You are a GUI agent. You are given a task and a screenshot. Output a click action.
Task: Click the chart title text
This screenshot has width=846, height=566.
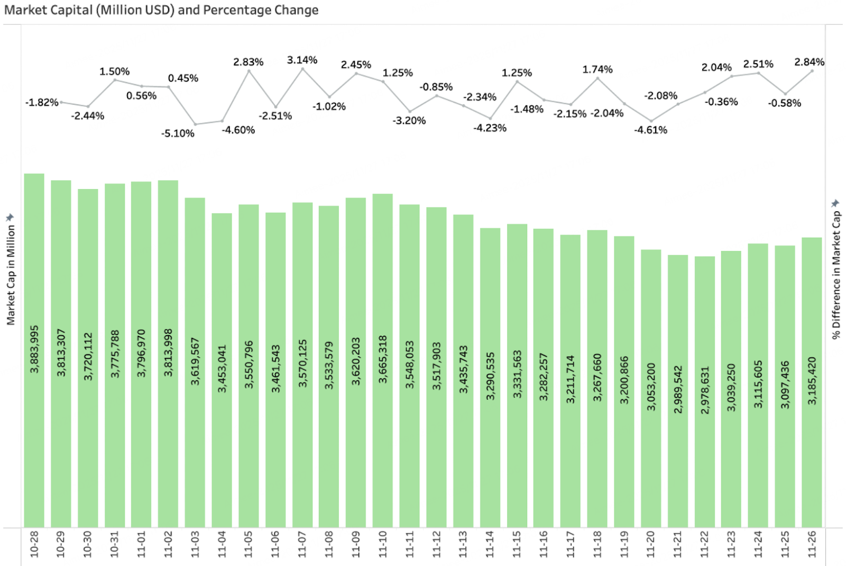[x=161, y=10]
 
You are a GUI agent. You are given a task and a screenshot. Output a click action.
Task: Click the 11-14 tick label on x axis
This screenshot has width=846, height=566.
[x=490, y=544]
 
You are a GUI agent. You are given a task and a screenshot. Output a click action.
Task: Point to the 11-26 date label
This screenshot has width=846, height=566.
[x=812, y=544]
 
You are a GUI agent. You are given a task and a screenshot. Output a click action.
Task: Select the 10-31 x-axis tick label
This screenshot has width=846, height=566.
[x=114, y=544]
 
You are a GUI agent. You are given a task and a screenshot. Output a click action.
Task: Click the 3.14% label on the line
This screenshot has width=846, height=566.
[x=302, y=60]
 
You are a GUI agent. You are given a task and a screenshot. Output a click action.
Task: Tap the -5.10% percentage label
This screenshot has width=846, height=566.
[x=178, y=133]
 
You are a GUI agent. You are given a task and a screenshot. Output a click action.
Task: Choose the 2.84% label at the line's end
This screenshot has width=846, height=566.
[x=809, y=62]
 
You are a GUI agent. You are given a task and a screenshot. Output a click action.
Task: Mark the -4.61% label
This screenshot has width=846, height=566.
[x=650, y=130]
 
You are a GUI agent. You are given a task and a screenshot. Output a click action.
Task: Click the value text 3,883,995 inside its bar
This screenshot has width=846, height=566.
[x=34, y=349]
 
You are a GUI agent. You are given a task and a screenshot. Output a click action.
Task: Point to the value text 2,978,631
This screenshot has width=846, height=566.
[x=705, y=390]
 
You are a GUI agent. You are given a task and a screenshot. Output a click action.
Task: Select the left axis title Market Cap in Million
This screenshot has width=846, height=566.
[x=11, y=275]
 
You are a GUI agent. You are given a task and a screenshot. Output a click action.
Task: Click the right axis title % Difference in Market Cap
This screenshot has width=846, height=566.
[x=836, y=275]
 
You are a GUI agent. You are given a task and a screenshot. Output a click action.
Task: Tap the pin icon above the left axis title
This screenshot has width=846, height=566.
[x=10, y=217]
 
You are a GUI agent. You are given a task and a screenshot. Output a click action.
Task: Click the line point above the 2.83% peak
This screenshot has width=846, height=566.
[x=249, y=71]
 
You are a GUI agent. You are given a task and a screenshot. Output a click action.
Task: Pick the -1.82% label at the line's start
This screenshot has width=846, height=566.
[x=42, y=102]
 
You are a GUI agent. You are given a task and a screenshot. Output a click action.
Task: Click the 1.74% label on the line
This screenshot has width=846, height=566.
[x=597, y=69]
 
